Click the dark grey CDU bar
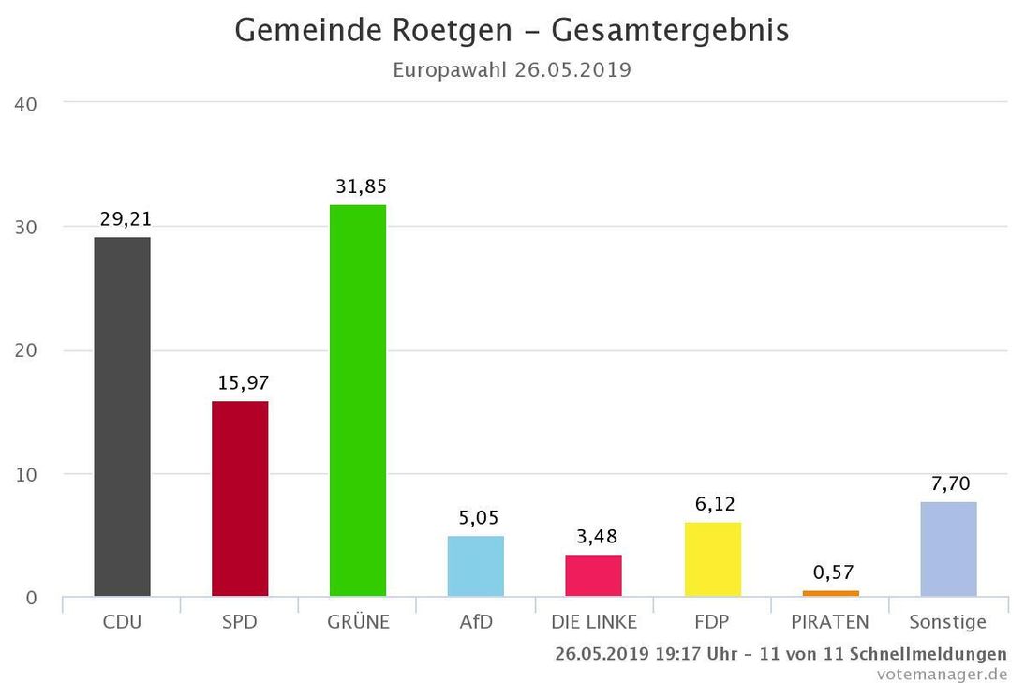point(122,417)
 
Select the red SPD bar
point(240,498)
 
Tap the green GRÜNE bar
point(358,400)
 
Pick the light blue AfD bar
point(476,566)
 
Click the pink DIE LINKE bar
point(593,575)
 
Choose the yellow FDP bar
point(712,559)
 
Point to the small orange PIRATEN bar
point(830,593)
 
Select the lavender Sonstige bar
point(948,549)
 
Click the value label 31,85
point(361,186)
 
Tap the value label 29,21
point(126,219)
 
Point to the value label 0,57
point(833,572)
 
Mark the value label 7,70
point(951,483)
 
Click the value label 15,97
point(243,383)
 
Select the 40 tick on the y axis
point(25,103)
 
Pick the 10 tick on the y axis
point(25,474)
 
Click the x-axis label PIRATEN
point(830,622)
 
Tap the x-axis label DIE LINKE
point(594,622)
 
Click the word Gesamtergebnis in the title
point(670,31)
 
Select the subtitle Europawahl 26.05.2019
point(512,70)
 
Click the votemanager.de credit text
point(942,674)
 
